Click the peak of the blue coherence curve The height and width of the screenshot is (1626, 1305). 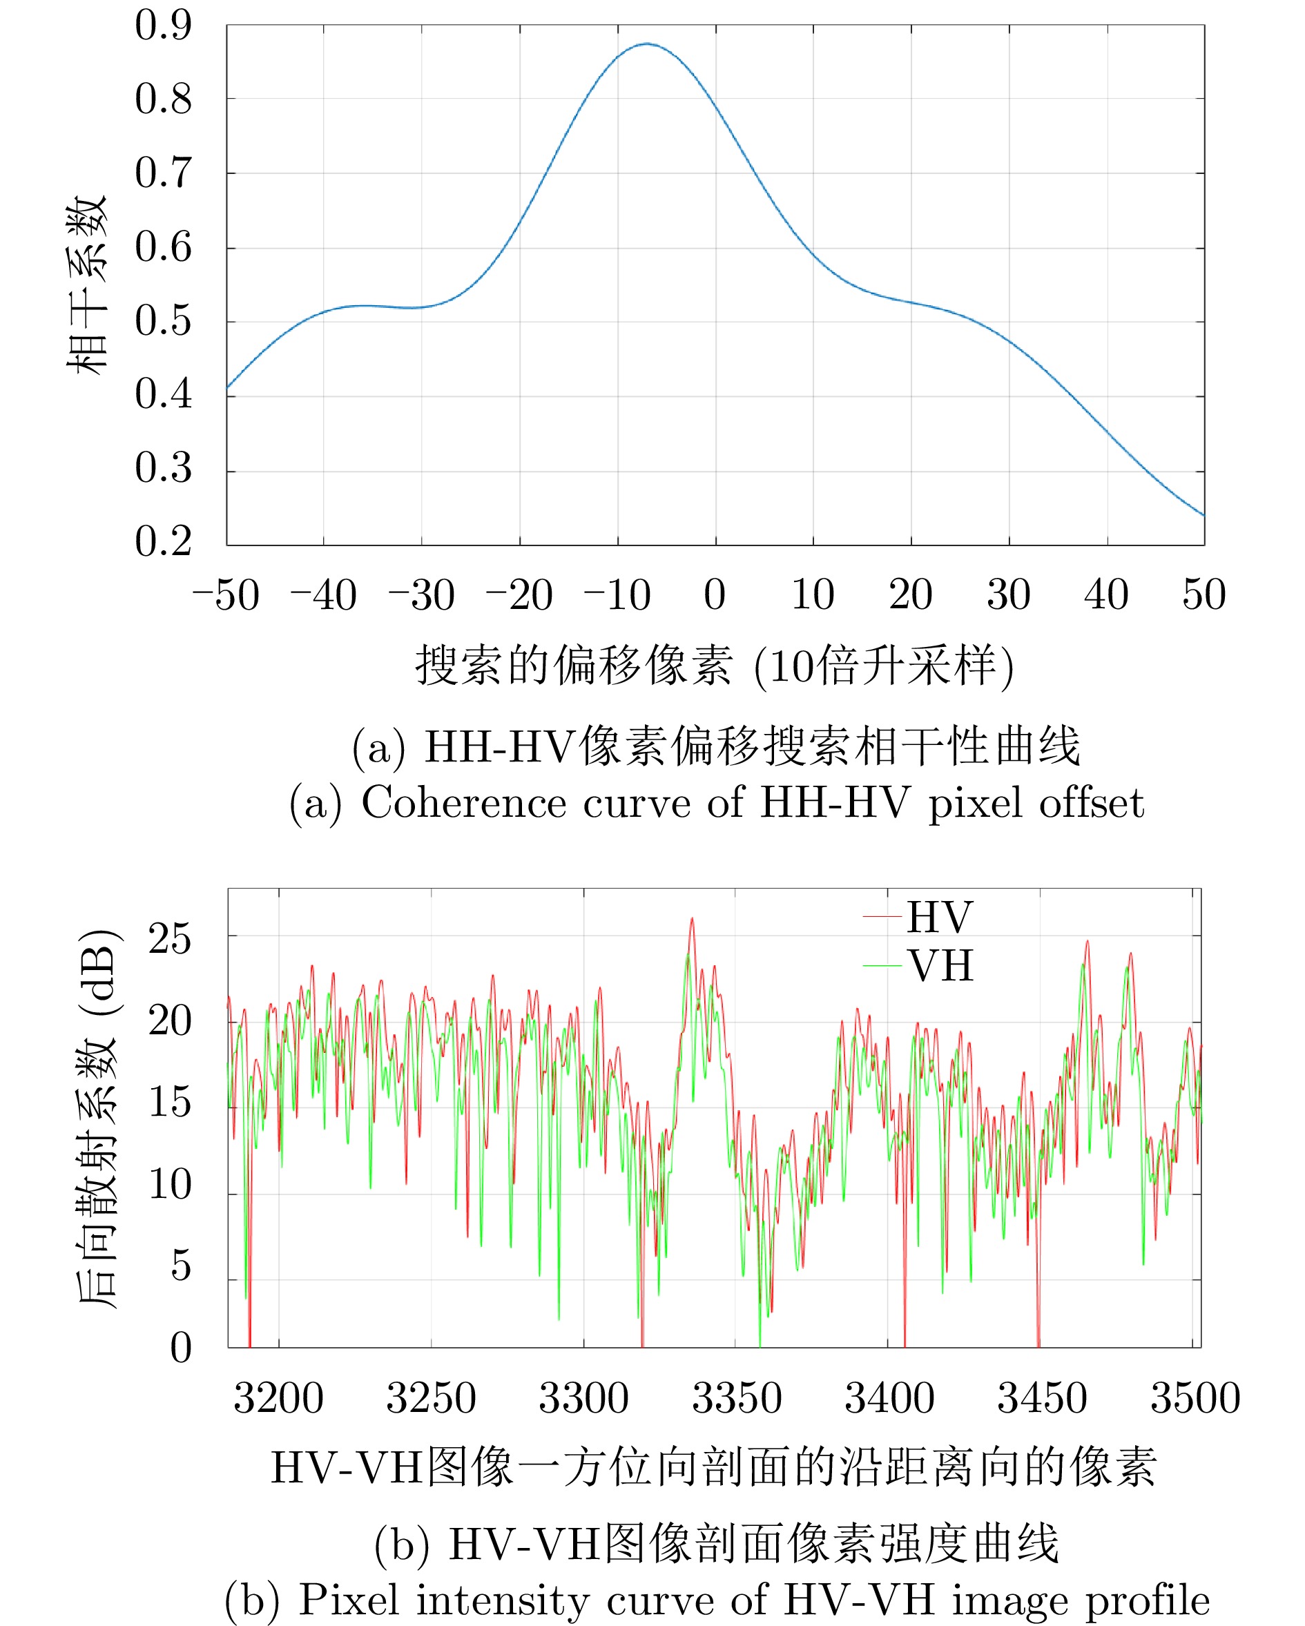[646, 44]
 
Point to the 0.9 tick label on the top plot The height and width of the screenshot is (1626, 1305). [163, 25]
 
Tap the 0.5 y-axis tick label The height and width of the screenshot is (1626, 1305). [163, 321]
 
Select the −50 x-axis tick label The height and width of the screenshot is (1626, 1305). [226, 596]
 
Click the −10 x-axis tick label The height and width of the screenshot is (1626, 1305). [617, 596]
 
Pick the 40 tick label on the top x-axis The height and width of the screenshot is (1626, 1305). [1106, 595]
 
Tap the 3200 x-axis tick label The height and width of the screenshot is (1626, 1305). [278, 1399]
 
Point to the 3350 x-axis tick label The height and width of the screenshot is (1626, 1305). [736, 1399]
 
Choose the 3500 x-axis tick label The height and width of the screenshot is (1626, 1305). [1195, 1399]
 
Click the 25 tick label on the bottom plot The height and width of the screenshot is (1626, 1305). [170, 940]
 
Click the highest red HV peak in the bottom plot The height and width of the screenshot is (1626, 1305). [692, 918]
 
